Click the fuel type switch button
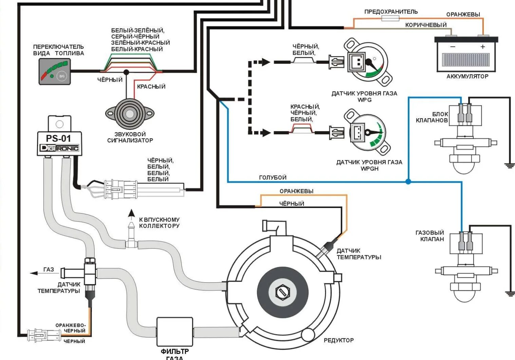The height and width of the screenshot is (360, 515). point(62,76)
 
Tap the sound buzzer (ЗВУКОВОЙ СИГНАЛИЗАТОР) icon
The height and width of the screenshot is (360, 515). point(130,114)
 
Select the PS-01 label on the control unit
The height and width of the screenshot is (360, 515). point(59,138)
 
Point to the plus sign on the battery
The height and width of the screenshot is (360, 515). point(483,47)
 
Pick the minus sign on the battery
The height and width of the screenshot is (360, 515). point(453,47)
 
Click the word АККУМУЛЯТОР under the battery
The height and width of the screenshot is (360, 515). point(467,77)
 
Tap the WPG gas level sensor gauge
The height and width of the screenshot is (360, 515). point(368,62)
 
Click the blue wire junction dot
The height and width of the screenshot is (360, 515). point(408,182)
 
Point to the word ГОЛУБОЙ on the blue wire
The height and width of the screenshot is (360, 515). point(272,177)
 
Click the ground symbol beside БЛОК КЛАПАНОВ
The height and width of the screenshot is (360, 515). point(509,165)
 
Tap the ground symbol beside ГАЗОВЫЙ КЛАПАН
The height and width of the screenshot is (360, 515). point(509,294)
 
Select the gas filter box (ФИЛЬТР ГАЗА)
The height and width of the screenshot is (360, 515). point(174,332)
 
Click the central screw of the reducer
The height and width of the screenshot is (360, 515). point(282,292)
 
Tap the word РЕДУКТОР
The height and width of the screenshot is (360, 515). point(338,340)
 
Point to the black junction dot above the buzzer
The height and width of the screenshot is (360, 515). point(126,72)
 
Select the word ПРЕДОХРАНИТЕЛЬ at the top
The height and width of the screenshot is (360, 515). point(391,12)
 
